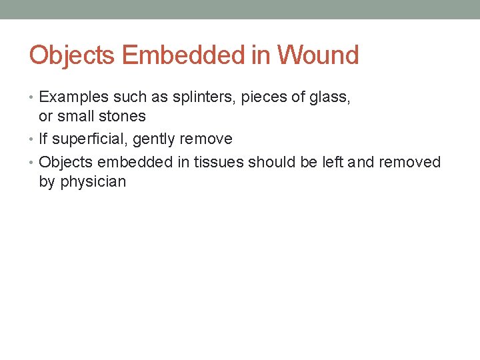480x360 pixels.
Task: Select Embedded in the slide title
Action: [185, 55]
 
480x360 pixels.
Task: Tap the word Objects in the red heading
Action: [72, 55]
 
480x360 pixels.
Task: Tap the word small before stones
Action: [75, 116]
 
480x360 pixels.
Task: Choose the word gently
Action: [155, 139]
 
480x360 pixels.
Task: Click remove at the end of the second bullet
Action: [206, 139]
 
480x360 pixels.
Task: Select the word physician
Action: [93, 181]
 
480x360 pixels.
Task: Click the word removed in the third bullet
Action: [409, 162]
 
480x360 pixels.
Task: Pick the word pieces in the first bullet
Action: [261, 97]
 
